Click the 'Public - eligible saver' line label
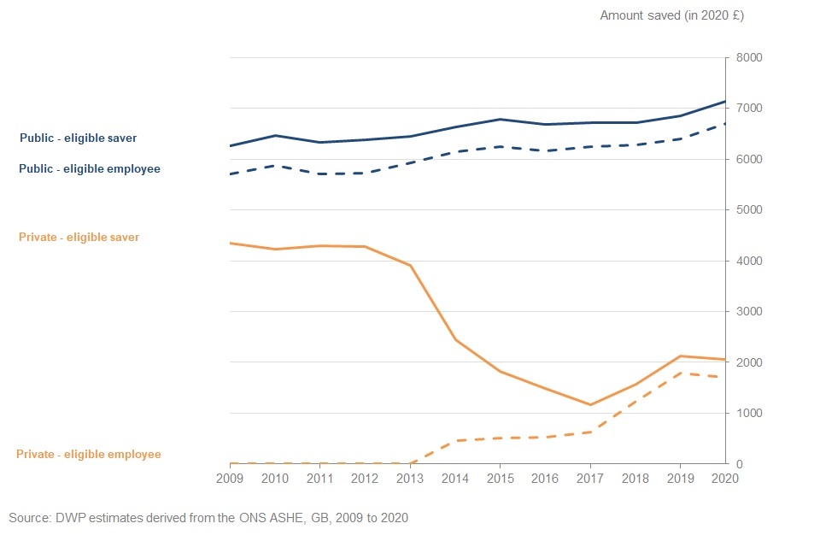click(x=78, y=138)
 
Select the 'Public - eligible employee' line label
click(x=89, y=169)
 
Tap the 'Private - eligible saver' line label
click(x=78, y=237)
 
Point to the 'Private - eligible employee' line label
click(x=89, y=455)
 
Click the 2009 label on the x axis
click(x=231, y=479)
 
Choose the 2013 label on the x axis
click(x=410, y=479)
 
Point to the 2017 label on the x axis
click(x=590, y=479)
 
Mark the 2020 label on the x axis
click(x=724, y=479)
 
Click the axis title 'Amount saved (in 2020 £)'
click(x=672, y=15)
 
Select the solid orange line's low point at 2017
click(x=590, y=405)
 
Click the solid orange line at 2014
click(x=455, y=339)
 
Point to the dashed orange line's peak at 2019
click(x=680, y=373)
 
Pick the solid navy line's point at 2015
click(x=501, y=120)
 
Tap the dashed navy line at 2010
click(x=275, y=165)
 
